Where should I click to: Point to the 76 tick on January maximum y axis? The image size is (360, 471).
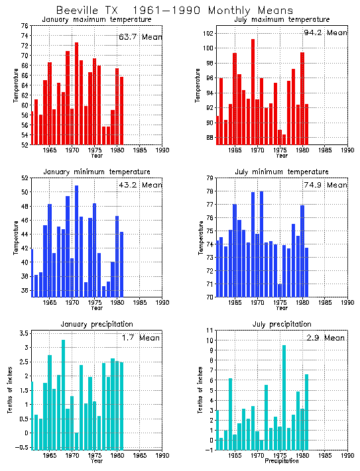pos(24,26)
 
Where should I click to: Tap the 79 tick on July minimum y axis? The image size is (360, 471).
pos(208,178)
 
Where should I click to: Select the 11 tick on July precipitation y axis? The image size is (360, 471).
pos(208,330)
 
